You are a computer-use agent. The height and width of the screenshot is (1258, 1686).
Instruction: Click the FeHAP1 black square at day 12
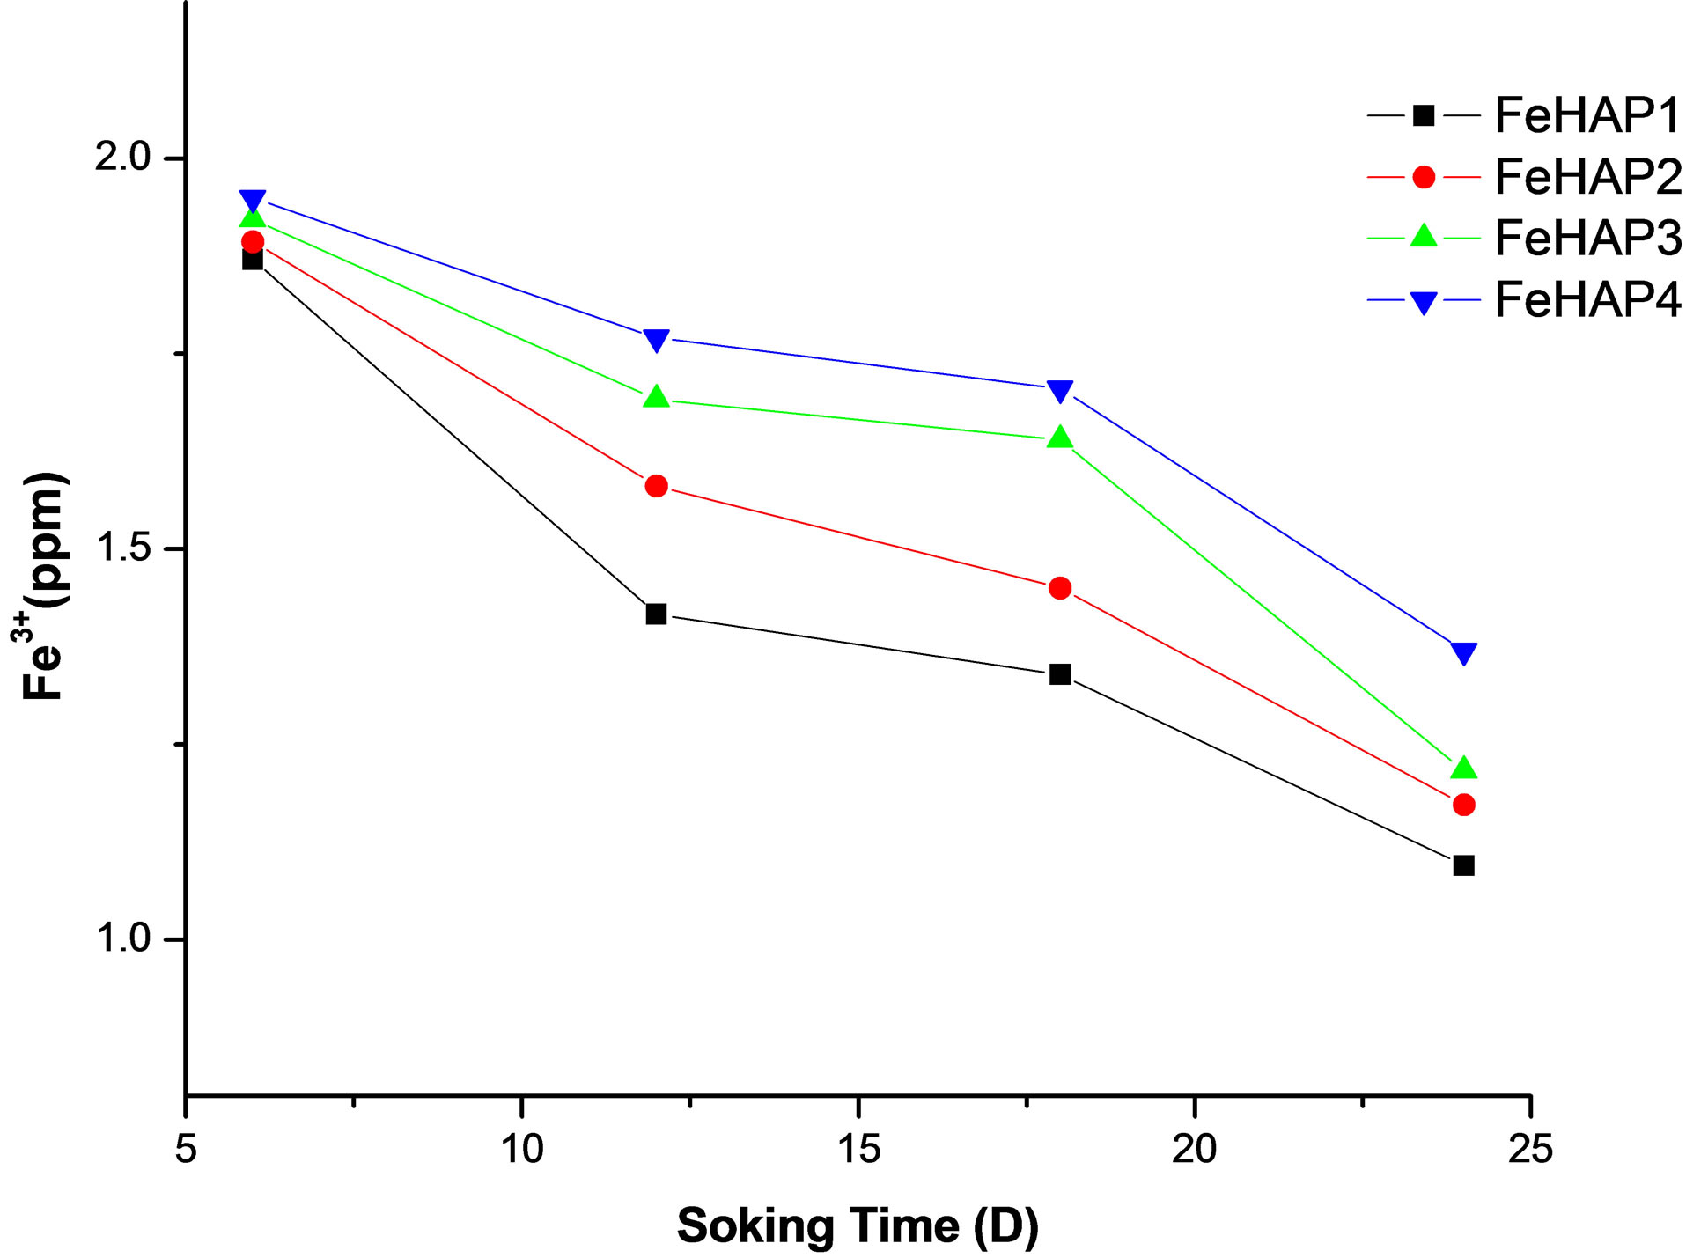tap(656, 614)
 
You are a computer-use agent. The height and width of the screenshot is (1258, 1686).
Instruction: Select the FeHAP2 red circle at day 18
tap(1060, 588)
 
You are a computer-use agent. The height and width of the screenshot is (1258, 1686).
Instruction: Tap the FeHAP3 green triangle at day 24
tap(1463, 768)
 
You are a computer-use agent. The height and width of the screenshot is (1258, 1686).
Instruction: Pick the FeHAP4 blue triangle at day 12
tap(656, 339)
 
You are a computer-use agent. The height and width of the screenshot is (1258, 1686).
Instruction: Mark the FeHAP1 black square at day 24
tap(1463, 865)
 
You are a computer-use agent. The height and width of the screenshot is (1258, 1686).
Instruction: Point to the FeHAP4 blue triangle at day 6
tap(253, 201)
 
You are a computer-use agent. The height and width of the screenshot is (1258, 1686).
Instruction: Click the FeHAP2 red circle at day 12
tap(656, 486)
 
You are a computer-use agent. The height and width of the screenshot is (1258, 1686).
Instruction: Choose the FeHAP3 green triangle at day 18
tap(1060, 438)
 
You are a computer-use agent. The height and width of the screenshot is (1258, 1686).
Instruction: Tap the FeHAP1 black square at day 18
tap(1060, 674)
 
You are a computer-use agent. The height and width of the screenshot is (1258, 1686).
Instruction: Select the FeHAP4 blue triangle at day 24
tap(1463, 652)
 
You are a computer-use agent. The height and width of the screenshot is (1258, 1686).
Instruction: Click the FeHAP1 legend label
tap(1587, 115)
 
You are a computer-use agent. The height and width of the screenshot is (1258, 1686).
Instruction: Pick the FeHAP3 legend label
tap(1587, 238)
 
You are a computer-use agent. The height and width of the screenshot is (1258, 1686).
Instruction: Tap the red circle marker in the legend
tap(1424, 177)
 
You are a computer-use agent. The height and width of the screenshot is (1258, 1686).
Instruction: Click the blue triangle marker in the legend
tap(1424, 302)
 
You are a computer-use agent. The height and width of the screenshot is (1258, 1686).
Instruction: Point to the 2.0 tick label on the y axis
tap(123, 158)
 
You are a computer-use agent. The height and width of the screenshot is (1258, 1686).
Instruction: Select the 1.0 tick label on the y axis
tap(123, 939)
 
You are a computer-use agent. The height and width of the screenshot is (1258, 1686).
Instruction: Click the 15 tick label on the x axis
tap(858, 1149)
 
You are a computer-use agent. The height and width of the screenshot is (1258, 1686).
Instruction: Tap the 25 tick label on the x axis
tap(1530, 1149)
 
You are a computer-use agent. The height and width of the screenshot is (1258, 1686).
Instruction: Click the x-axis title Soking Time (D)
tap(858, 1225)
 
